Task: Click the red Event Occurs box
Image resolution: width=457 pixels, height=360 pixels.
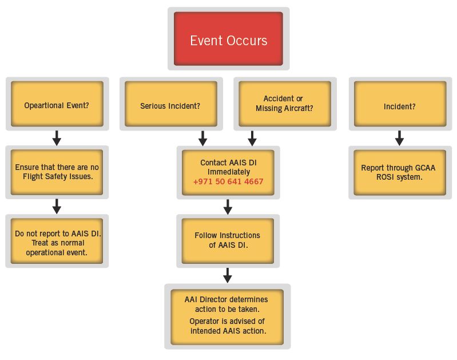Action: [228, 39]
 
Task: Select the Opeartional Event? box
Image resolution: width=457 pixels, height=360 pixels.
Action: [57, 104]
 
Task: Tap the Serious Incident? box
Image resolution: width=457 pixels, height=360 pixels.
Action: [171, 104]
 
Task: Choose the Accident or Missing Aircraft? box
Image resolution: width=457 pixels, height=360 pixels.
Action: [285, 104]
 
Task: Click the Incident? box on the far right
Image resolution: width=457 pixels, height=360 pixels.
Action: [400, 104]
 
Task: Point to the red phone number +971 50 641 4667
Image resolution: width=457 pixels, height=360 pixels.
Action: [228, 181]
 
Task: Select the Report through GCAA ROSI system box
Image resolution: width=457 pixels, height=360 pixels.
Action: [400, 172]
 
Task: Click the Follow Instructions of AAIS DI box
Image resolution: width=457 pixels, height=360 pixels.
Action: [228, 241]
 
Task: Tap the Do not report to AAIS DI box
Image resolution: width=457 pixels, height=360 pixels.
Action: [57, 241]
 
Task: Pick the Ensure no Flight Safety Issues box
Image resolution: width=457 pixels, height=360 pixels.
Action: [57, 172]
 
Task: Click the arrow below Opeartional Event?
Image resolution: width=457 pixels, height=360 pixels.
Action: [57, 138]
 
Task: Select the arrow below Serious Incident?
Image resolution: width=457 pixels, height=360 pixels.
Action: [202, 139]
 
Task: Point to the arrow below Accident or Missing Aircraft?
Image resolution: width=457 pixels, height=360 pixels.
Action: [252, 139]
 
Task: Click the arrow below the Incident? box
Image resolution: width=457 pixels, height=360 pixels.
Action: [399, 138]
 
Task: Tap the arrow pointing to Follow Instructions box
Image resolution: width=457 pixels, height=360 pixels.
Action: [228, 207]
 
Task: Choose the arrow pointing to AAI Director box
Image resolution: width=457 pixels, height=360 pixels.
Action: [228, 275]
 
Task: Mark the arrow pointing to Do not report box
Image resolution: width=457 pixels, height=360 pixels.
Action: [57, 207]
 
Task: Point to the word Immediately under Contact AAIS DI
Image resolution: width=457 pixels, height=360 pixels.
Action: [229, 172]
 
